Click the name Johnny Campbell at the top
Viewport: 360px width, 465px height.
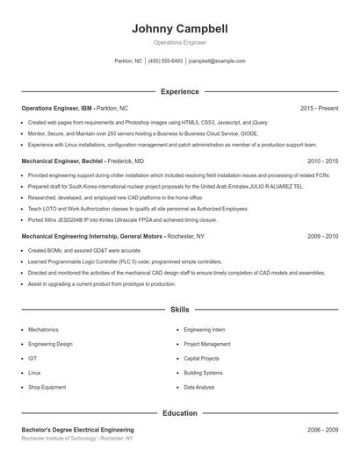[180, 29]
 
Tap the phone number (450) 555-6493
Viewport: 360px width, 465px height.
[165, 61]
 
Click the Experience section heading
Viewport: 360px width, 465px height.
[180, 91]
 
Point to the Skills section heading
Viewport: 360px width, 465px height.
[180, 310]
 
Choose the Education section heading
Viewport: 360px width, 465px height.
[180, 412]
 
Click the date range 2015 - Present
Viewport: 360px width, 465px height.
[319, 108]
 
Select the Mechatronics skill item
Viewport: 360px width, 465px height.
[43, 329]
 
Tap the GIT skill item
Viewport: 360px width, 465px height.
[32, 358]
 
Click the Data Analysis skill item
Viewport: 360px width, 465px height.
[198, 387]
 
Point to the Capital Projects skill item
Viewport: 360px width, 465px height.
[202, 358]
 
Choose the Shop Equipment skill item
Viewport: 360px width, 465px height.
[47, 387]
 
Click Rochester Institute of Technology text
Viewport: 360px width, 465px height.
[77, 438]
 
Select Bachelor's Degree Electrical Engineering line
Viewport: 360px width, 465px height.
[77, 430]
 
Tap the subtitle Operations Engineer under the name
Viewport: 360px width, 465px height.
[180, 42]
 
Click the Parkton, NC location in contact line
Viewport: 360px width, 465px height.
[128, 61]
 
